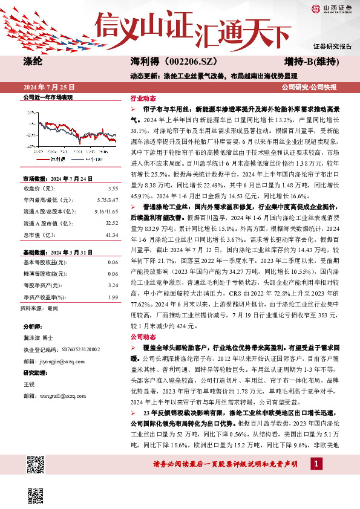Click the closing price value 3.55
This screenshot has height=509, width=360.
(113, 189)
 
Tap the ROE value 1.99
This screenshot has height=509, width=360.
(113, 297)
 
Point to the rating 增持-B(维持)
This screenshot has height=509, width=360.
(311, 62)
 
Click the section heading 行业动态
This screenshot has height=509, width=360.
(143, 98)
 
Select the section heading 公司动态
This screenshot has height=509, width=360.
(143, 337)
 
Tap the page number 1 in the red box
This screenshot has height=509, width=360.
(316, 464)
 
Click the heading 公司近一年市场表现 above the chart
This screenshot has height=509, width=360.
(47, 97)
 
